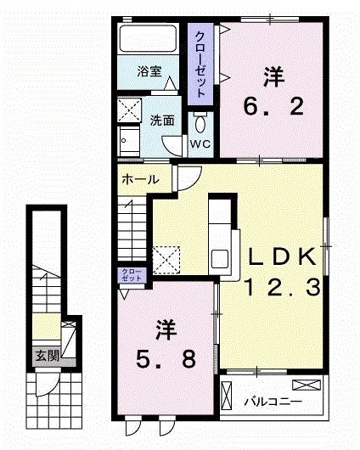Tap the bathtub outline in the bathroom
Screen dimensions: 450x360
click(x=147, y=42)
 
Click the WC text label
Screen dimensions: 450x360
click(x=200, y=143)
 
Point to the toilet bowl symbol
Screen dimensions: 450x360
click(x=201, y=120)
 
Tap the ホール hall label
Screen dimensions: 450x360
click(x=138, y=181)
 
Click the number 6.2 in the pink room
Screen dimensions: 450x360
click(x=272, y=108)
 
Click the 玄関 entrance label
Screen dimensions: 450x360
click(x=47, y=355)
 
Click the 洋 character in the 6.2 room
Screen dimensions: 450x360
click(x=272, y=77)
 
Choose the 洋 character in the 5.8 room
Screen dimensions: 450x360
click(x=165, y=328)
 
